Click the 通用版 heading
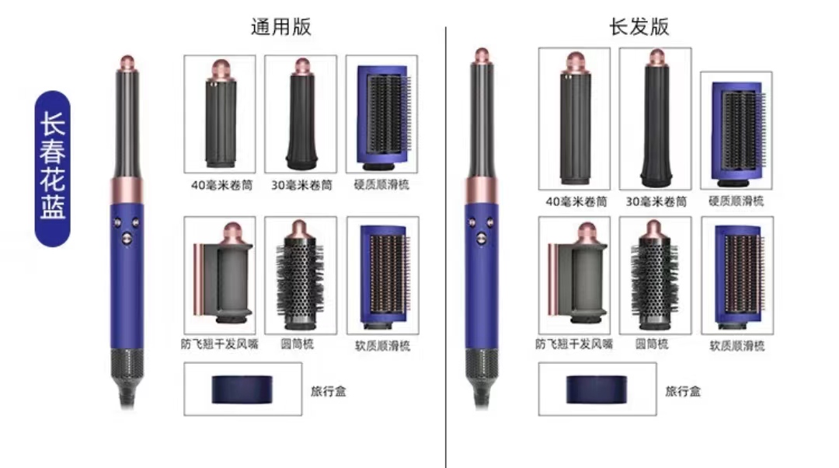click(x=281, y=26)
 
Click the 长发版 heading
click(x=639, y=26)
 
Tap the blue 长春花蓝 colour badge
click(x=53, y=169)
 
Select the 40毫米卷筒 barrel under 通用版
click(x=220, y=114)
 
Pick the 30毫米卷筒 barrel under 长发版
click(x=656, y=118)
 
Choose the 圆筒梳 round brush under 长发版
click(x=654, y=275)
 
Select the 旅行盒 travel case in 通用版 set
click(x=242, y=389)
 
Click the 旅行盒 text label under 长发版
click(x=683, y=392)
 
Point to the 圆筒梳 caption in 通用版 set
click(x=298, y=344)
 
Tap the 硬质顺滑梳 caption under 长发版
click(x=736, y=201)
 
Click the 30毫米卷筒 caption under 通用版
click(x=301, y=185)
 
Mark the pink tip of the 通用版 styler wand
click(x=127, y=61)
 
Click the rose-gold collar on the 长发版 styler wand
click(x=482, y=190)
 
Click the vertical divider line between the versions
click(x=446, y=247)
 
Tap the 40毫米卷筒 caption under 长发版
click(x=576, y=201)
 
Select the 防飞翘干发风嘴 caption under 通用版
click(x=219, y=344)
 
